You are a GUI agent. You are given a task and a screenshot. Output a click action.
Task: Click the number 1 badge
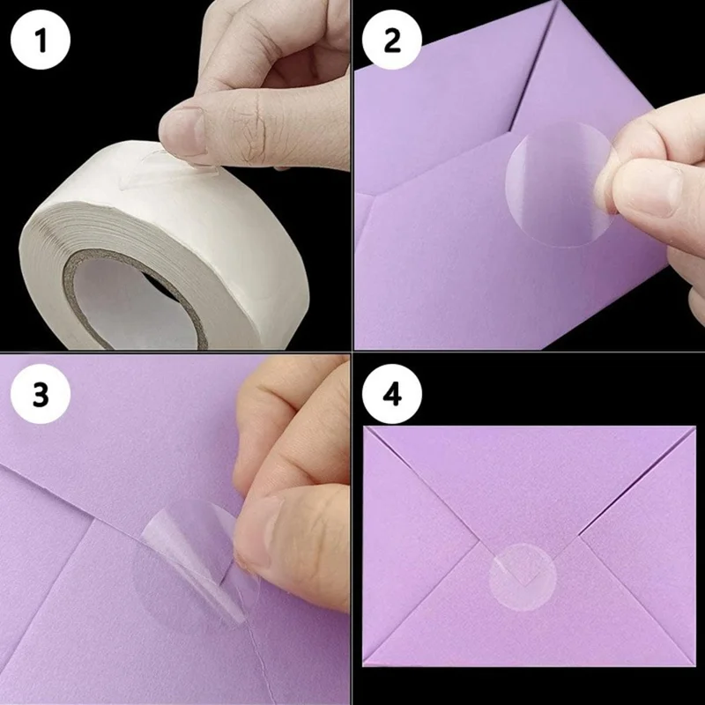click(x=39, y=40)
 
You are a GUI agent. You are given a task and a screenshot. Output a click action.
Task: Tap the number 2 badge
click(x=391, y=40)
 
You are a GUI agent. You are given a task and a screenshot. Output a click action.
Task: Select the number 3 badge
click(x=41, y=395)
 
